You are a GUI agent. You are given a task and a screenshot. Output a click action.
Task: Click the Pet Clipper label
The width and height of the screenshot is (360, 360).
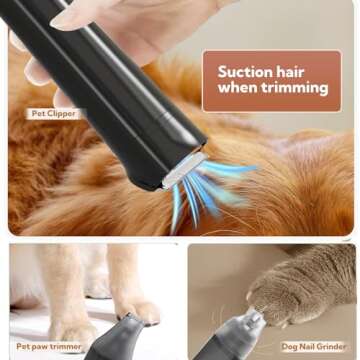point(52,114)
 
